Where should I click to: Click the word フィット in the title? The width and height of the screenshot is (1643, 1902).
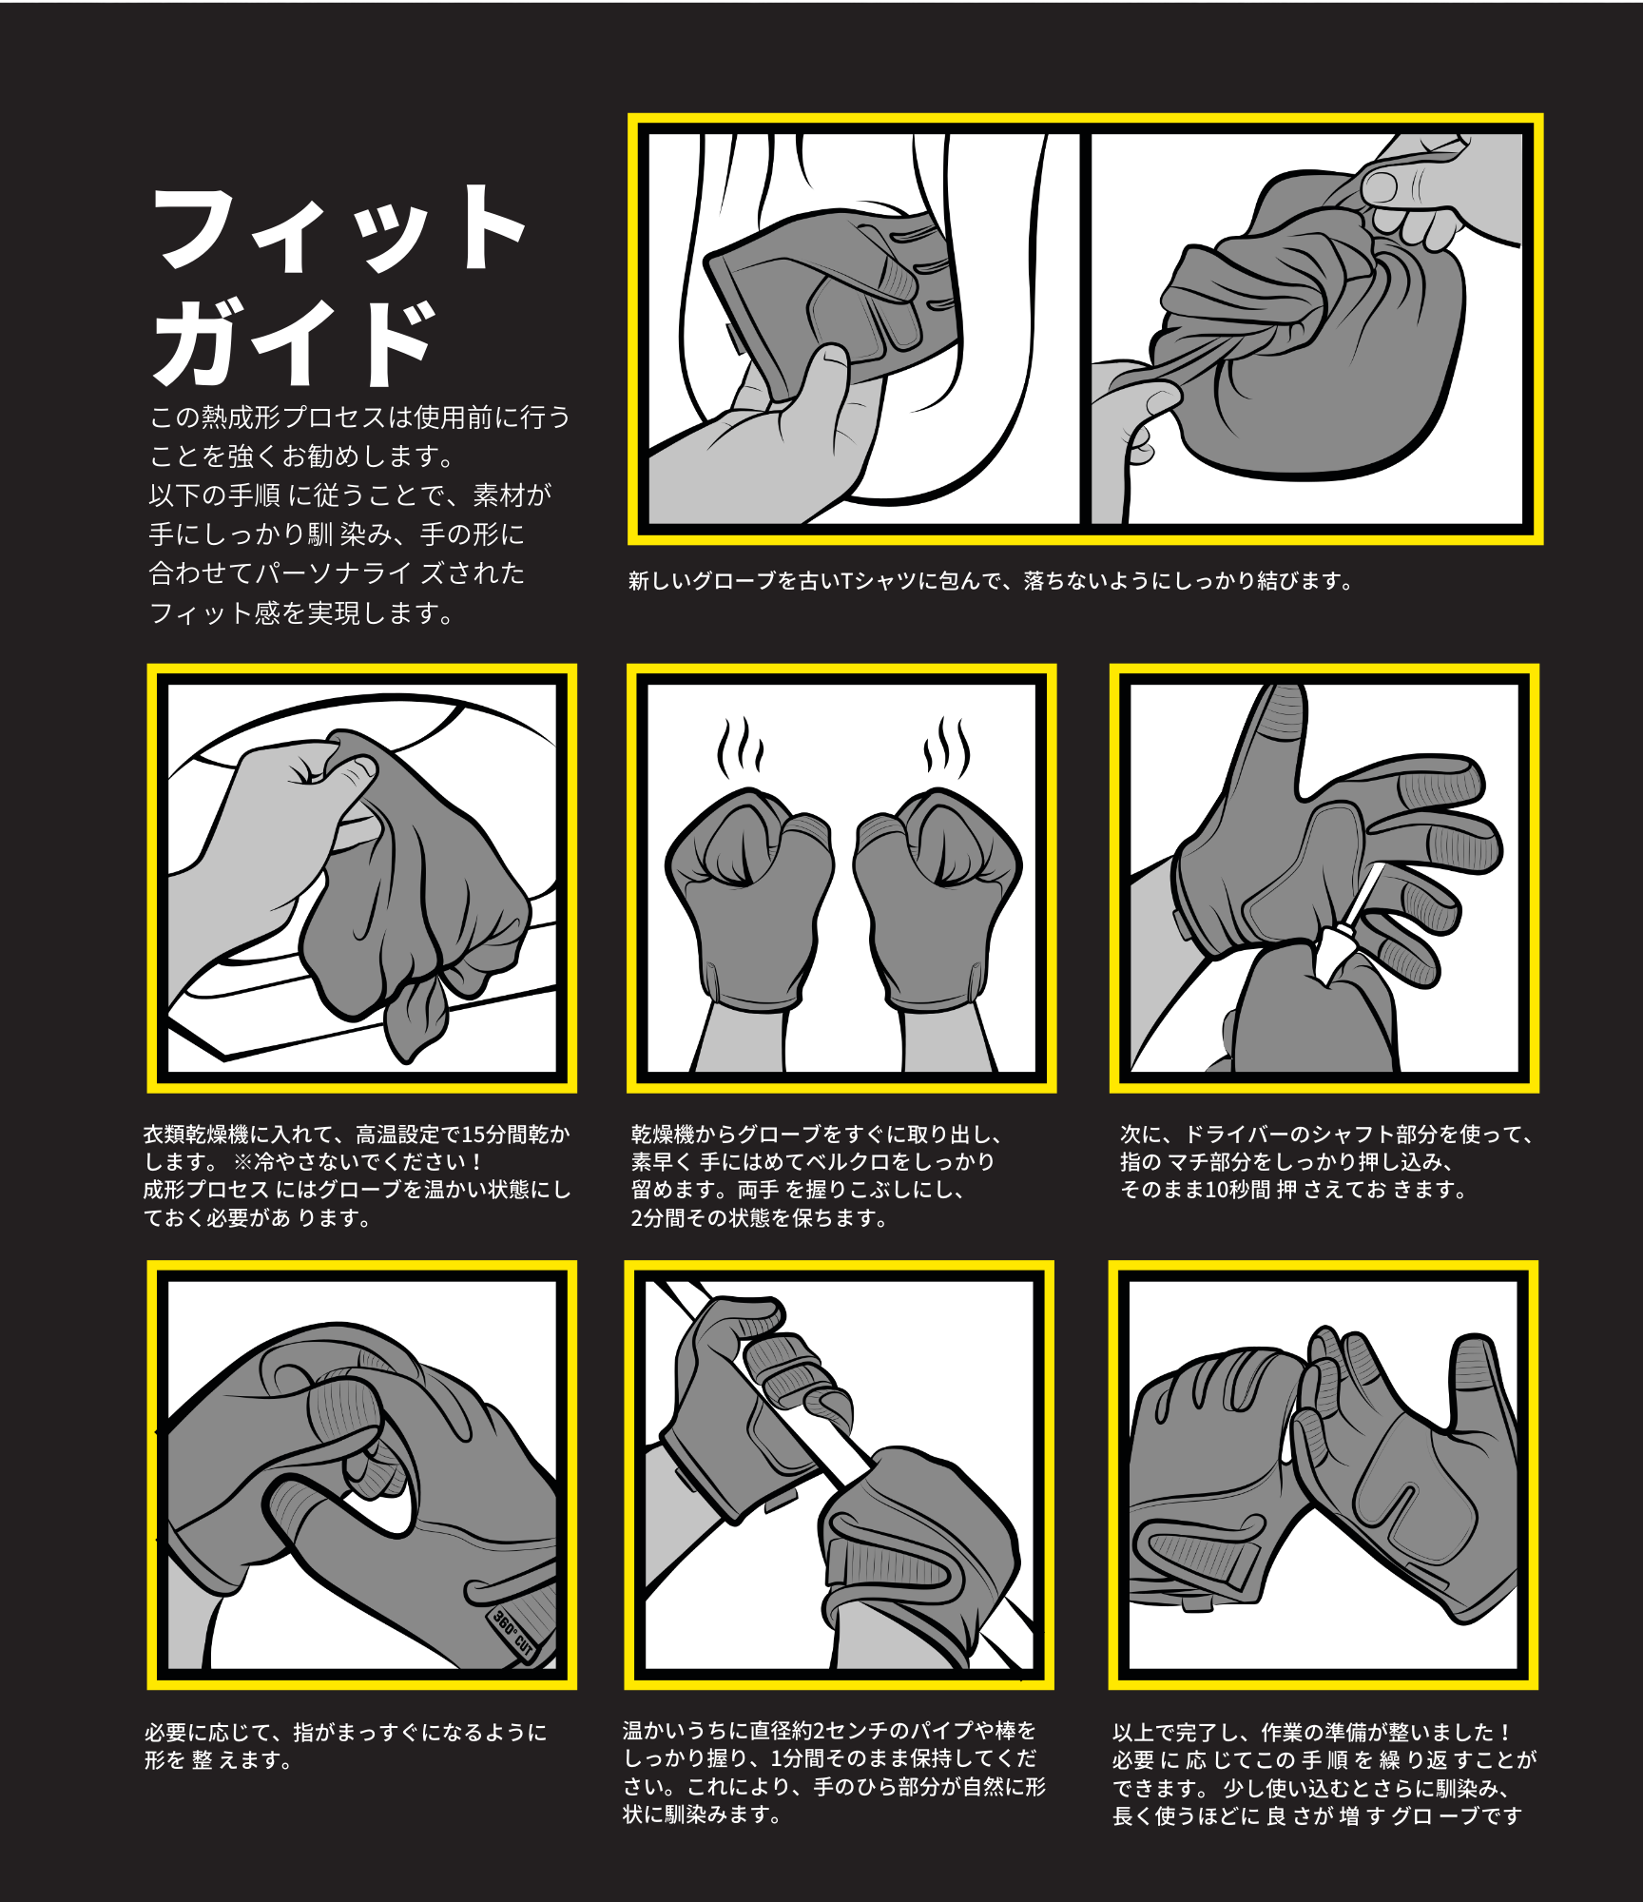click(x=339, y=229)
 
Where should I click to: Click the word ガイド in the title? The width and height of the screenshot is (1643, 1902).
click(x=295, y=341)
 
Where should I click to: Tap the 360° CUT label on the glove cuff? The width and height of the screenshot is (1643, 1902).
click(x=514, y=1633)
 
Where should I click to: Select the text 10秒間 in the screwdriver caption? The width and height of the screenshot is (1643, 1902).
click(x=1237, y=1190)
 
